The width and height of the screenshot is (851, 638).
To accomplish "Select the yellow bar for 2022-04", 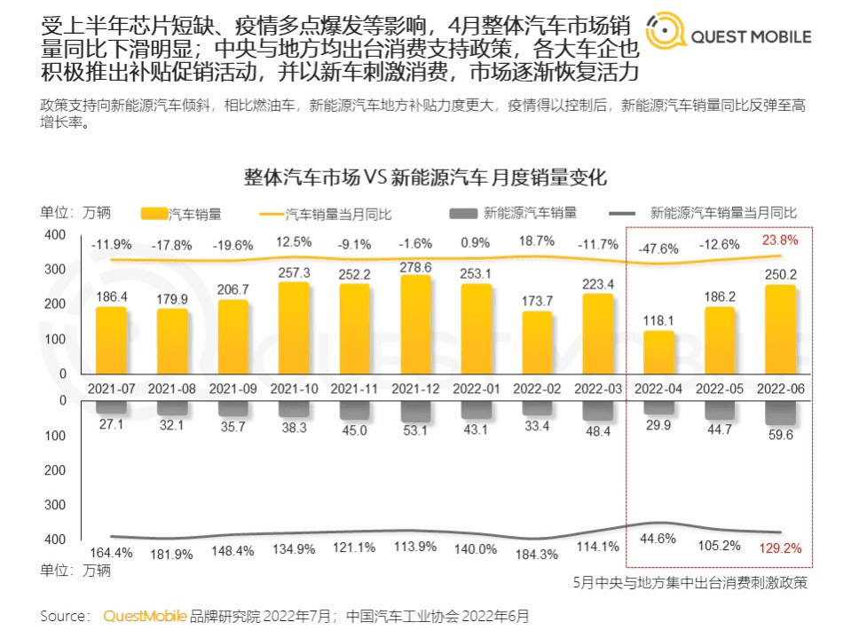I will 658,352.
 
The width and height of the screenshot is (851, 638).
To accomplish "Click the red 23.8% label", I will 780,240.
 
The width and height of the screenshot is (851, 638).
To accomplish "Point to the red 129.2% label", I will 780,548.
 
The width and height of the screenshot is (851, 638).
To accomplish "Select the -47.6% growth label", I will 658,248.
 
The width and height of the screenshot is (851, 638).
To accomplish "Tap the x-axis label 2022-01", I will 476,388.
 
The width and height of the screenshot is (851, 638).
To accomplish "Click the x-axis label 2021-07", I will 111,388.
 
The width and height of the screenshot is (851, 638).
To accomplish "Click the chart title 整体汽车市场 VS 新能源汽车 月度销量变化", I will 425,177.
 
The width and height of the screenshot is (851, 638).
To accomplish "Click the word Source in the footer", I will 63,615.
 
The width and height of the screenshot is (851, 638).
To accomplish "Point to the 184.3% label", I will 536,555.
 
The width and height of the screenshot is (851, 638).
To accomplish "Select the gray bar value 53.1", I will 415,431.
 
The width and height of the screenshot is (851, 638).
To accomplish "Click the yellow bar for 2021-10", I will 294,327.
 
